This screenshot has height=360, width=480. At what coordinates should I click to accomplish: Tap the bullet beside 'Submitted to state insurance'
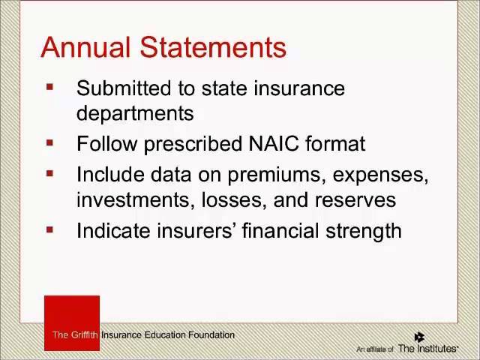pyautogui.click(x=50, y=87)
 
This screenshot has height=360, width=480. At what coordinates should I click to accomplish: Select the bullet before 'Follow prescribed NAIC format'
pyautogui.click(x=50, y=142)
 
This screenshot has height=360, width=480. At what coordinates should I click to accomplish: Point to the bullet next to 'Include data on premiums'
pyautogui.click(x=50, y=174)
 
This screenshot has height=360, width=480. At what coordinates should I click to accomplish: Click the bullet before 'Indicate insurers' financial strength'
pyautogui.click(x=50, y=229)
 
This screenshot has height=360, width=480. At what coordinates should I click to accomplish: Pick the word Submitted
pyautogui.click(x=124, y=88)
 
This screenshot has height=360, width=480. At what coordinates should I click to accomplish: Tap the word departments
pyautogui.click(x=135, y=113)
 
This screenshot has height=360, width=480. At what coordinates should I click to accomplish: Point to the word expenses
pyautogui.click(x=380, y=175)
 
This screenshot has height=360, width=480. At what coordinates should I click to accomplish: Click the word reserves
pyautogui.click(x=355, y=200)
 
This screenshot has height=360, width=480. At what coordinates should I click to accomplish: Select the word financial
pyautogui.click(x=280, y=231)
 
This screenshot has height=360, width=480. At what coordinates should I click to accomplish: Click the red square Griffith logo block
pyautogui.click(x=72, y=323)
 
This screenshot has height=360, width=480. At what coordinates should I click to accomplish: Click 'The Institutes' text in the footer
pyautogui.click(x=427, y=348)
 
